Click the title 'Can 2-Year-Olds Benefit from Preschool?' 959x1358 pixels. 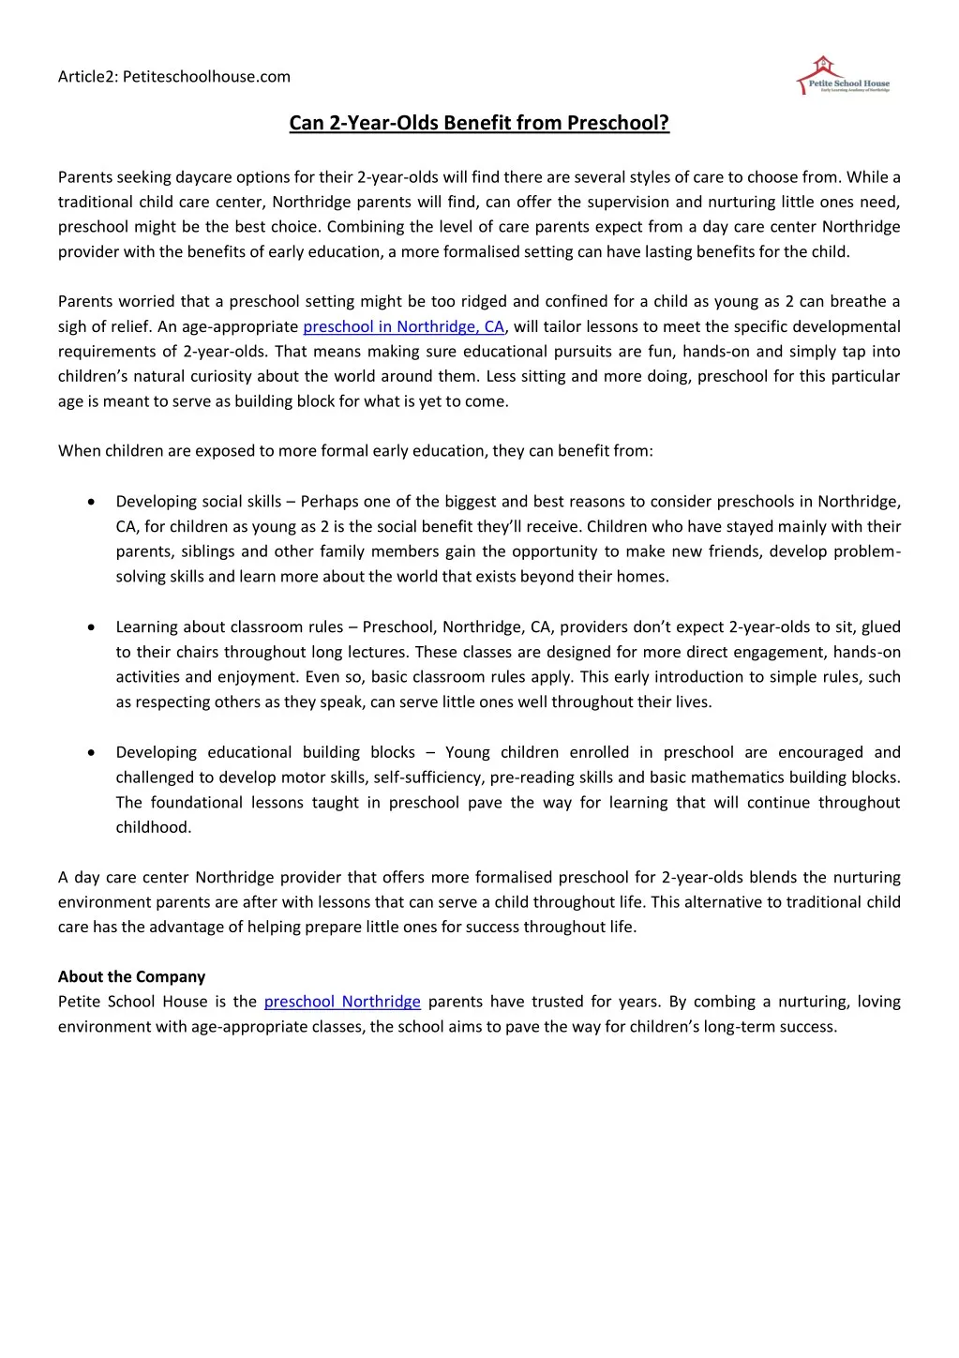coord(479,123)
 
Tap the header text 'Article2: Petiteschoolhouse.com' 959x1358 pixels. coord(174,77)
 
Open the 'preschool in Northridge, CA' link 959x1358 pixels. coord(403,326)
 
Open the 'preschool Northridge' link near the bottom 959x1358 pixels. coord(342,1002)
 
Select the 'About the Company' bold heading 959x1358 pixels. coord(131,976)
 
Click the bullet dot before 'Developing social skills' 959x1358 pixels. coord(90,502)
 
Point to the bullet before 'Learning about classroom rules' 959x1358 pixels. coord(90,626)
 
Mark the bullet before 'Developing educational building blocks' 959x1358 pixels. coord(90,752)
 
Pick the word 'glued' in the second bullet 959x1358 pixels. coord(880,626)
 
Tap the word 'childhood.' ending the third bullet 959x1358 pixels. coord(154,827)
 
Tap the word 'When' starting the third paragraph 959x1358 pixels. coord(79,451)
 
